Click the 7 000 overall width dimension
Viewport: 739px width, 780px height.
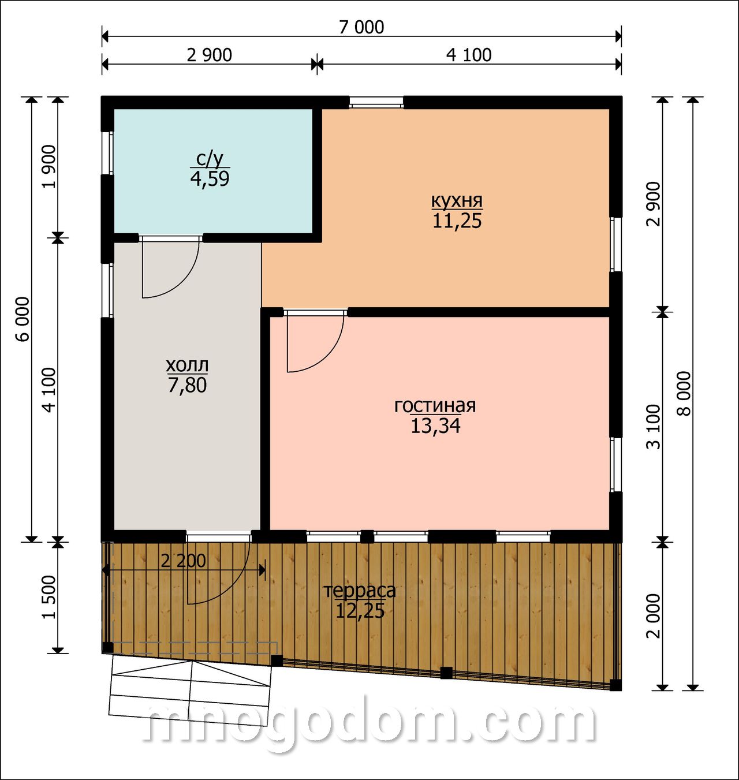pos(361,27)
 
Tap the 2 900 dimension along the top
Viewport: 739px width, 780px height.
pos(209,55)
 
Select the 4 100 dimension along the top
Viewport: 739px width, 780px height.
pos(469,55)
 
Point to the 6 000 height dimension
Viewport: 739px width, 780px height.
pos(24,319)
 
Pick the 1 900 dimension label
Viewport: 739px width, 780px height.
pos(50,167)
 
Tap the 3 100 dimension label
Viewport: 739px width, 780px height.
pos(654,427)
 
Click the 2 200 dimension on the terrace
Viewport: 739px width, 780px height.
pos(184,561)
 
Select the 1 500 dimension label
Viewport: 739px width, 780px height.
pos(50,597)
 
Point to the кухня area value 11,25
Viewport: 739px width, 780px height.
pos(457,221)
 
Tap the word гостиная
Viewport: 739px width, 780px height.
pos(435,406)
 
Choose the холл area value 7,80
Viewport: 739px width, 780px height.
pos(187,385)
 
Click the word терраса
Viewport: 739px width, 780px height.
pos(360,591)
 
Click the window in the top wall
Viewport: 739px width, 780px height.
pos(376,102)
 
